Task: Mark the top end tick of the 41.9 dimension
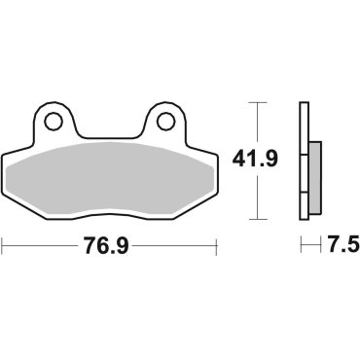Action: pos(256,101)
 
